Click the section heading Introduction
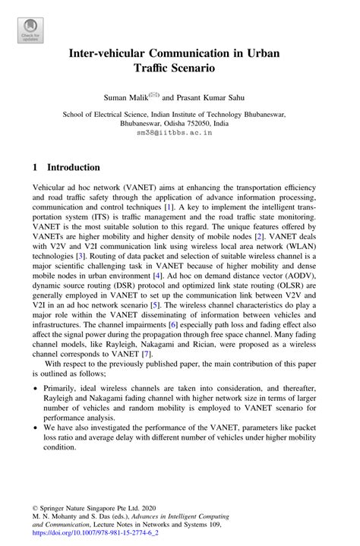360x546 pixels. [x=74, y=167]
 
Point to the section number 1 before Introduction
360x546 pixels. [x=36, y=167]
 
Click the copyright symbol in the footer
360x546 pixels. [x=36, y=503]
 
